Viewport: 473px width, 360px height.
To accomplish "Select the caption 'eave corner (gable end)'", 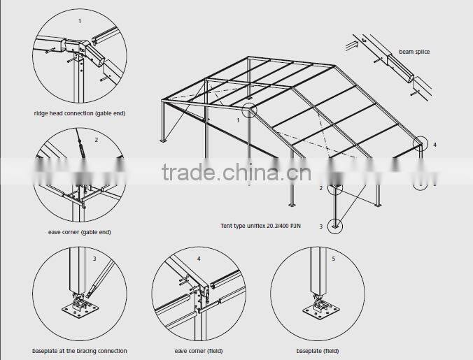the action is pyautogui.click(x=80, y=231).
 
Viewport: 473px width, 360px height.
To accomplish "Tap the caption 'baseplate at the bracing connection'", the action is pyautogui.click(x=79, y=350).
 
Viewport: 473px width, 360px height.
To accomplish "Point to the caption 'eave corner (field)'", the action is pyautogui.click(x=198, y=350).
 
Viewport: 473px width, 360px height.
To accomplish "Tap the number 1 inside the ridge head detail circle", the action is pyautogui.click(x=79, y=21).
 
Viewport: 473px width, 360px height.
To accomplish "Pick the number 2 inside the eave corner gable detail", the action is pyautogui.click(x=97, y=140).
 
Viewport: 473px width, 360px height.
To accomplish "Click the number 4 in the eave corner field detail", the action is pyautogui.click(x=198, y=259).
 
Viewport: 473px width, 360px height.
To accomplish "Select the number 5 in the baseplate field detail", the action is pyautogui.click(x=333, y=259).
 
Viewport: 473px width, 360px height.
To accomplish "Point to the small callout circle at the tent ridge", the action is pyautogui.click(x=250, y=110).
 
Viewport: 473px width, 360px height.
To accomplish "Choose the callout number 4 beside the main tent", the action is pyautogui.click(x=435, y=145).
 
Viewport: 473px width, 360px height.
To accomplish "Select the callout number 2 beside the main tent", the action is pyautogui.click(x=320, y=188).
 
